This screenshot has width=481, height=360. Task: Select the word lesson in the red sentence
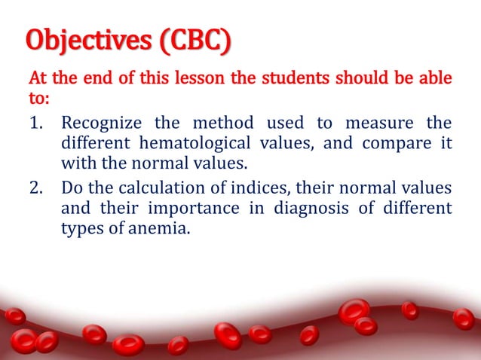pos(185,78)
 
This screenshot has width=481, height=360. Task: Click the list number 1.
pos(36,122)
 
